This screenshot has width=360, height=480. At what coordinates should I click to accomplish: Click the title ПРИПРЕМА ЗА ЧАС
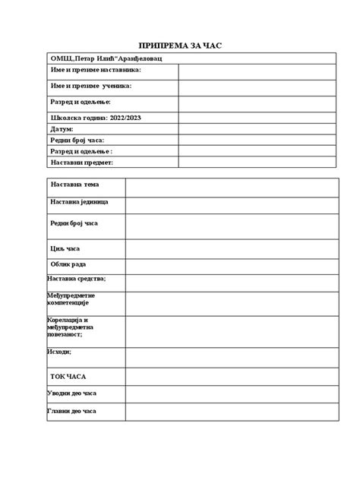180,44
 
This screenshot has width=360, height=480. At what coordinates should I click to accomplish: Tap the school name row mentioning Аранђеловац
106,58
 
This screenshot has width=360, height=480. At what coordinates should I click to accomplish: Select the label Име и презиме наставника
96,71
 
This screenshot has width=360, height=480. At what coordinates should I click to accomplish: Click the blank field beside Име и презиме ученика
256,87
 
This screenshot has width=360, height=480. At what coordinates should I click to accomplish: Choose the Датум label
63,129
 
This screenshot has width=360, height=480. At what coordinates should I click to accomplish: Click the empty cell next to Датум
256,129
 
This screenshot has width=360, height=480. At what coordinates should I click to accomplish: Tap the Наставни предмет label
82,163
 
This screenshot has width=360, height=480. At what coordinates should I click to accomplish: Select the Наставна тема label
75,185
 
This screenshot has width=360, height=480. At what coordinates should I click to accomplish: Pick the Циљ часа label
65,248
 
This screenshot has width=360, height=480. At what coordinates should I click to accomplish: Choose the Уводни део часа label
71,393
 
